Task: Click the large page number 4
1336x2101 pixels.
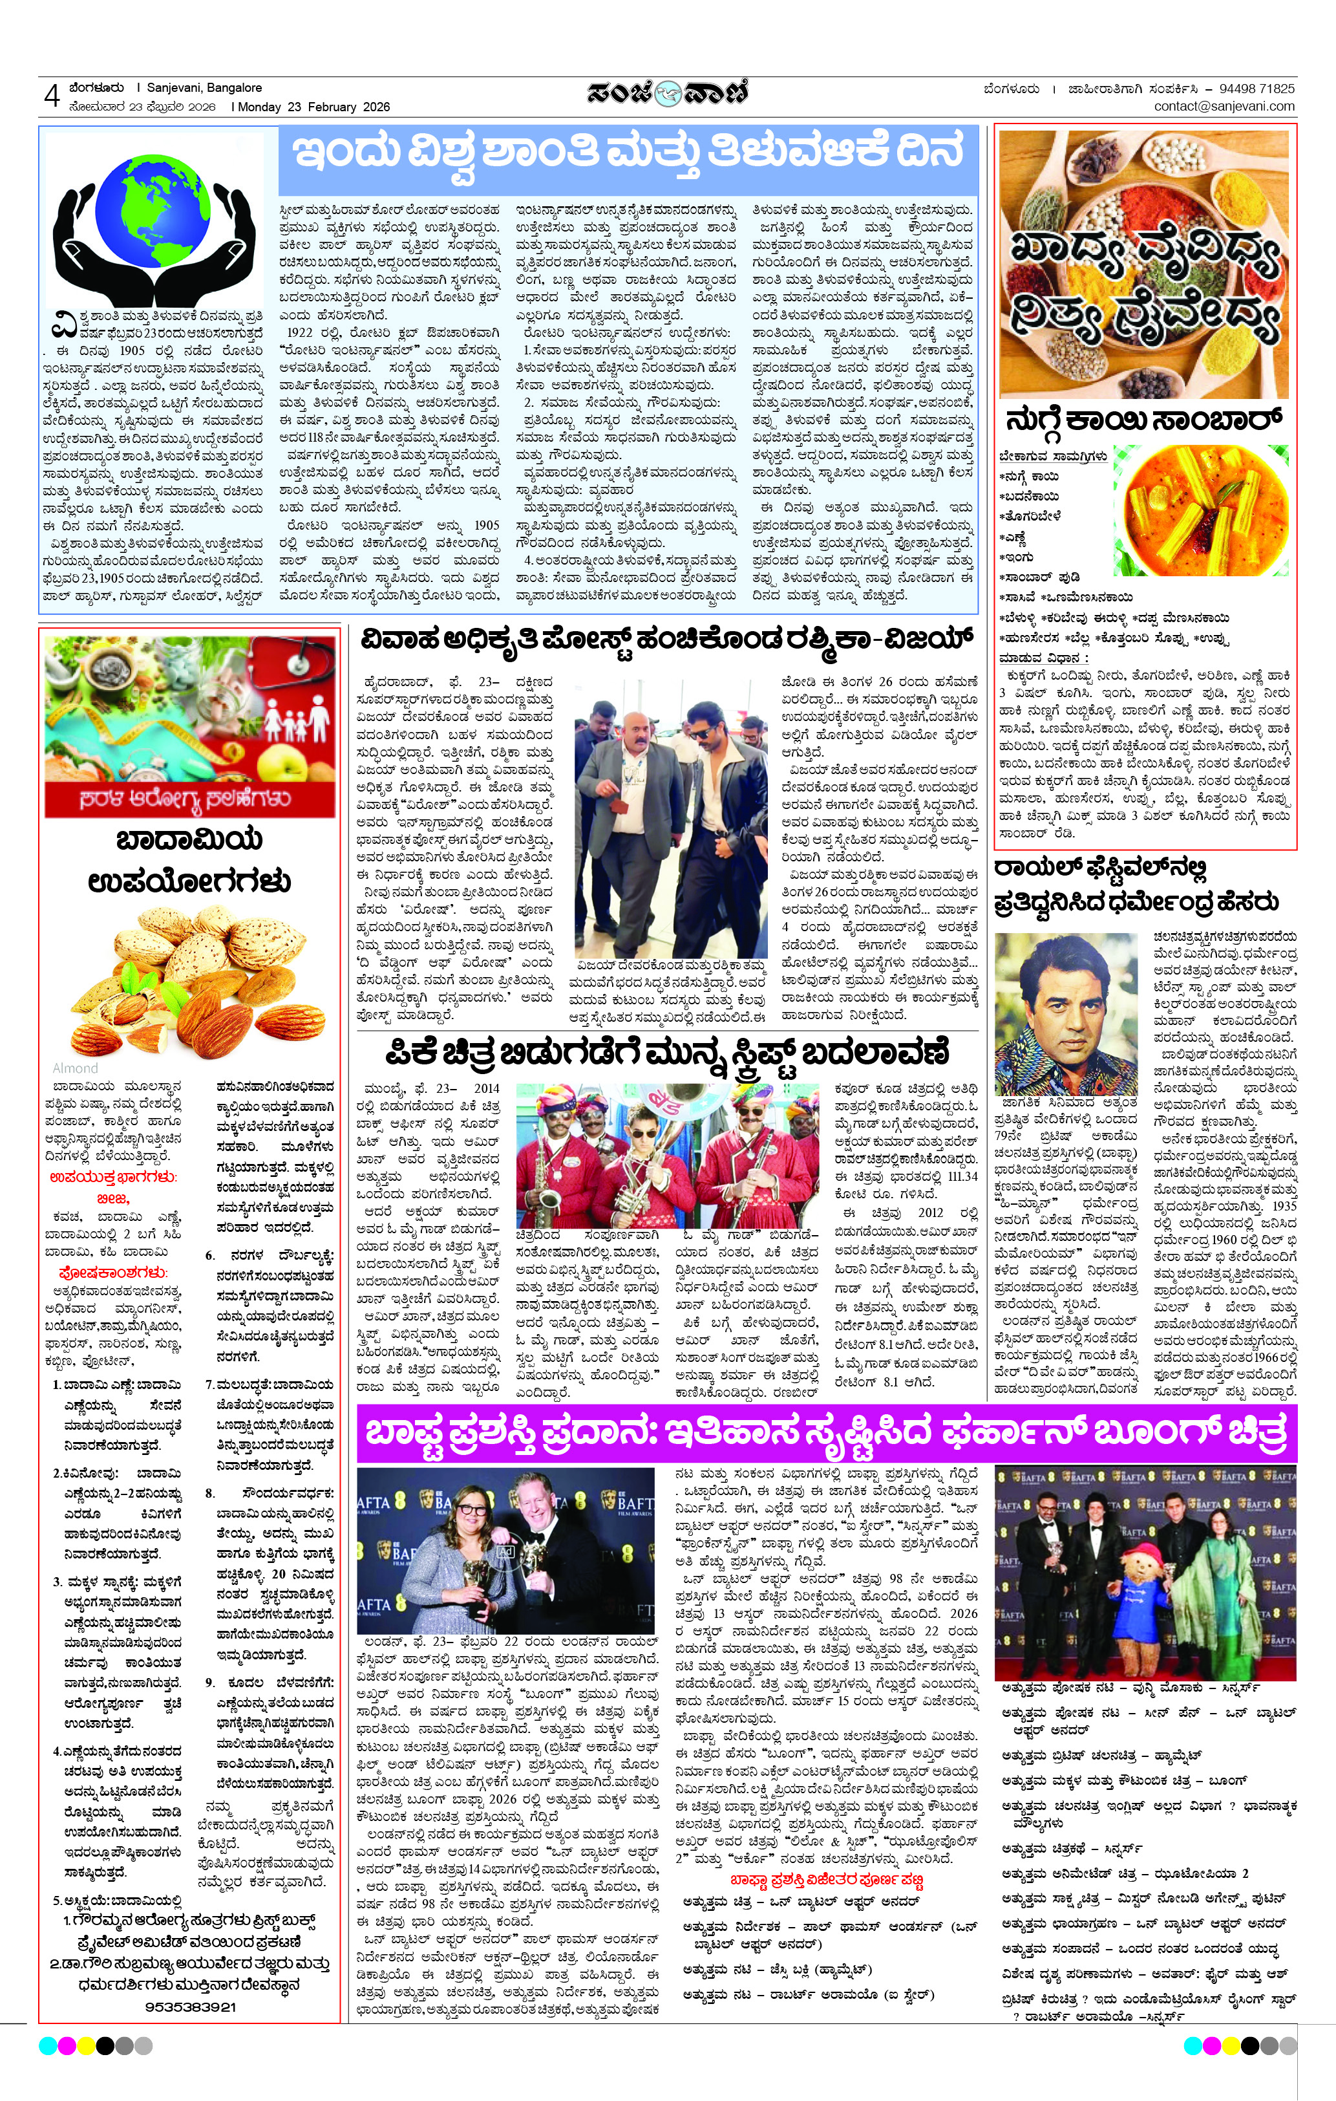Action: click(x=52, y=96)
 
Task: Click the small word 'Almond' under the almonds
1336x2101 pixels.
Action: click(x=76, y=1068)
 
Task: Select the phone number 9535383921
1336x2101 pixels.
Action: click(x=190, y=2006)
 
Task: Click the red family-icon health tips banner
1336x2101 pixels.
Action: click(x=190, y=727)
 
